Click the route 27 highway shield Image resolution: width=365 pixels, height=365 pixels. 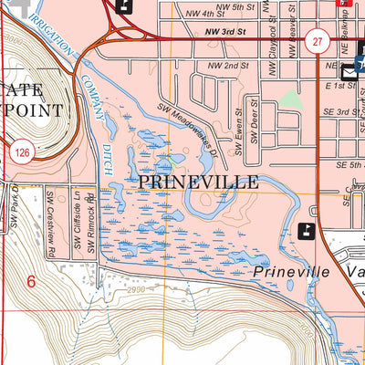pos(316,41)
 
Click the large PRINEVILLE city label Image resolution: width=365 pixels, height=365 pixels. pos(198,182)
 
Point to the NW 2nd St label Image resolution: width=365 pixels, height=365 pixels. pos(228,67)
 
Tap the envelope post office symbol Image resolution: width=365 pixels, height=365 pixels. pos(349,69)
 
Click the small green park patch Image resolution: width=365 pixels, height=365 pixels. pos(290,99)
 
